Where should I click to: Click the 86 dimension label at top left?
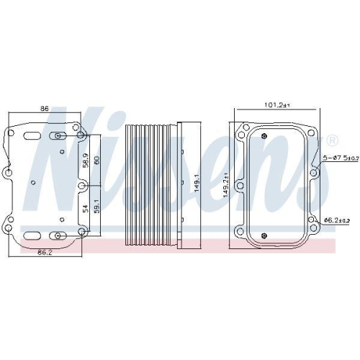(44, 109)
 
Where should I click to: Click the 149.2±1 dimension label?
(225, 184)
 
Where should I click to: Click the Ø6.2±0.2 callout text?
(337, 220)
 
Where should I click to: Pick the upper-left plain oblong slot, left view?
(32, 135)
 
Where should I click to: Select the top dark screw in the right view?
(265, 137)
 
